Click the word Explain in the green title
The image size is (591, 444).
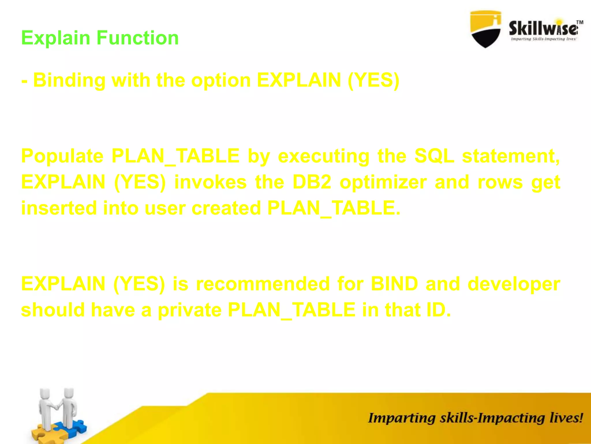pos(56,38)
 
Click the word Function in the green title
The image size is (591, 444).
pos(138,38)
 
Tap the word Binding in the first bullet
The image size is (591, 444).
pos(69,80)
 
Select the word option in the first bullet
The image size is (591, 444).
pos(221,80)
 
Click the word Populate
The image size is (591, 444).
pos(62,156)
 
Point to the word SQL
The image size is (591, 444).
pos(434,156)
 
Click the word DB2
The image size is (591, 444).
pos(312,182)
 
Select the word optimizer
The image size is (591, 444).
pos(383,182)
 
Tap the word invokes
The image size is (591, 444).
pos(210,182)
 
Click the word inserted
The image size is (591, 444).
pos(59,208)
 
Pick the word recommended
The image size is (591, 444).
pos(263,284)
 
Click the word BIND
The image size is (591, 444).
pos(394,284)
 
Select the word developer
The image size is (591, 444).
pos(514,284)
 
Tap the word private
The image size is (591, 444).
pos(189,310)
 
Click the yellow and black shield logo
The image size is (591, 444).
pos(485,29)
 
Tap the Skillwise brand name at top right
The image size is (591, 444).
pos(543,29)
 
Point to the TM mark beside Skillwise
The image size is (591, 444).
pos(580,22)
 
